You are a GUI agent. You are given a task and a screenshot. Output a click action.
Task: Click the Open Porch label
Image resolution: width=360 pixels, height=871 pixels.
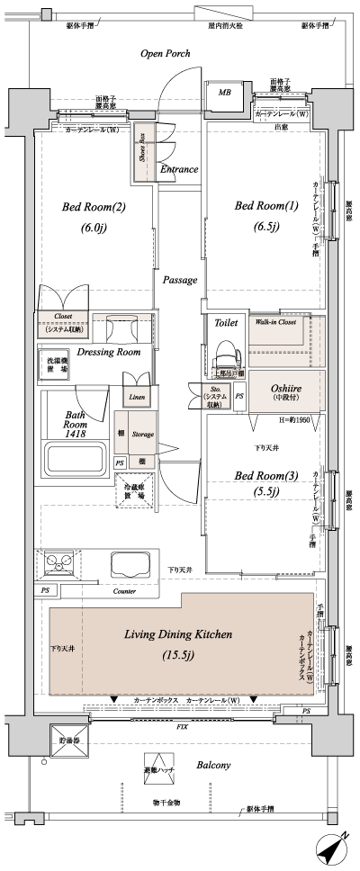[165, 54]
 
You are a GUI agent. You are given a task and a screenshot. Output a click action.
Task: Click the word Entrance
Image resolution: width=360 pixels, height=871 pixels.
[179, 169]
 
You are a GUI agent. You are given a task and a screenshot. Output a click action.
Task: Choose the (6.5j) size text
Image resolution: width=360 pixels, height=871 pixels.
[265, 227]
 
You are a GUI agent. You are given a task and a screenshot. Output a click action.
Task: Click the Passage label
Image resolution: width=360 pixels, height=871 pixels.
[180, 280]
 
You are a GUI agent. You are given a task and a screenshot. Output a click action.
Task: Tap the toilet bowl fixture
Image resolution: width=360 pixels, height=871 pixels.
[223, 346]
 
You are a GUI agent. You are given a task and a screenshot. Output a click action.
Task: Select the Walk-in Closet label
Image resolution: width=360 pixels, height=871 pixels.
[274, 321]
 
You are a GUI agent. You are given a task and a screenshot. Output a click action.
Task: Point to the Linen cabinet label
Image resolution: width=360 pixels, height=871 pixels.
[136, 396]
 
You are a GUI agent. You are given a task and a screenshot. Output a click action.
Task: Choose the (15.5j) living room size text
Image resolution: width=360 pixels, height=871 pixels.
[178, 654]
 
